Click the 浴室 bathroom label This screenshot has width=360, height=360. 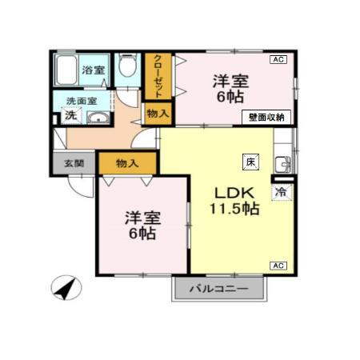point(94,70)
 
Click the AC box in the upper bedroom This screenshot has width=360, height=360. point(278,59)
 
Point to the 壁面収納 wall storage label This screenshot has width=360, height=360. point(266,117)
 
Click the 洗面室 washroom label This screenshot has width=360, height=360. point(81,101)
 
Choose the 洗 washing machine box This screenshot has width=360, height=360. point(70,116)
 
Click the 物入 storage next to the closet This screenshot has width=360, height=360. point(158,114)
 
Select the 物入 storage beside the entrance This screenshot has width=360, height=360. point(127,163)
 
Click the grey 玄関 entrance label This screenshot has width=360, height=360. point(74,163)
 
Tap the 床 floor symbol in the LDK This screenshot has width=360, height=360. point(250,160)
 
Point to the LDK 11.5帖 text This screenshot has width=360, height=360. point(234,201)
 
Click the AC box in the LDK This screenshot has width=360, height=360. point(278,265)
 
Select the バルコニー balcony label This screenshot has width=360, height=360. point(218,289)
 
